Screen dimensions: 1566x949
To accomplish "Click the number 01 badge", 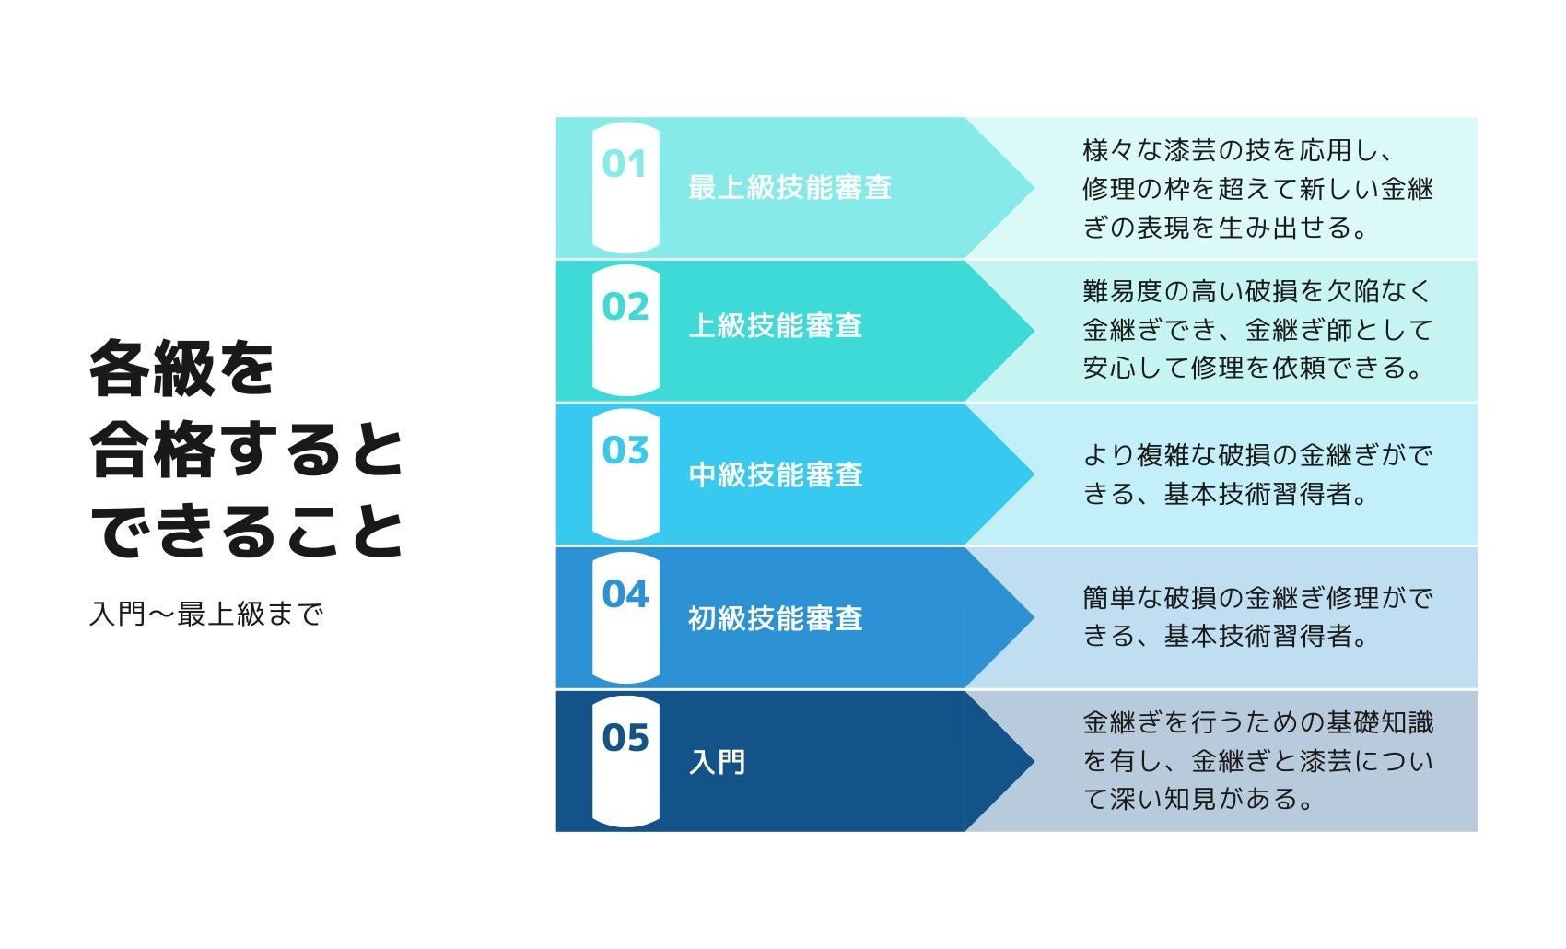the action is click(625, 166).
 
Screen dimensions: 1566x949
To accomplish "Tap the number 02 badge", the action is click(625, 308).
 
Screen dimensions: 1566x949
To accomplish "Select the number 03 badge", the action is click(625, 451).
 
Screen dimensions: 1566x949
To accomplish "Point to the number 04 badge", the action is click(625, 595).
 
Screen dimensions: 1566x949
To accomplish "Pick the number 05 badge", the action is click(625, 738).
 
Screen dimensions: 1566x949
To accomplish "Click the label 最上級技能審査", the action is click(789, 188).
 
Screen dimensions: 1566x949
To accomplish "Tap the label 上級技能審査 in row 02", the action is click(776, 326).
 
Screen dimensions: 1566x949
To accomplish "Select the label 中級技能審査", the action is click(776, 474).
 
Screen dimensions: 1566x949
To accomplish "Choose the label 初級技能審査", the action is click(776, 618).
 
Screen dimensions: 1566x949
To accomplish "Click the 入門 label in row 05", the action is click(717, 762).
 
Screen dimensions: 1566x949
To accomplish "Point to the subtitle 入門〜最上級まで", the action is click(206, 614).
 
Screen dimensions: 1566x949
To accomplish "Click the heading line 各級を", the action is click(182, 369).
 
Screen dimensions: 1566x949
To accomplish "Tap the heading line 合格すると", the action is click(247, 451).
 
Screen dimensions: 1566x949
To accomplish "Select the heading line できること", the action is click(247, 532).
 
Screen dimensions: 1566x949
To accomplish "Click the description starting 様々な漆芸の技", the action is click(1257, 189).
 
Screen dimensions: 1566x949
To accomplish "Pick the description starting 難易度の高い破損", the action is click(1257, 330).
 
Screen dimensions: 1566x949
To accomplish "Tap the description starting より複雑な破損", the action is click(1257, 474).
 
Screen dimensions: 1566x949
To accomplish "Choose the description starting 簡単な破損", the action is click(1257, 617).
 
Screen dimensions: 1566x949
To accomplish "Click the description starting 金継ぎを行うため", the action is click(1257, 761).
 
